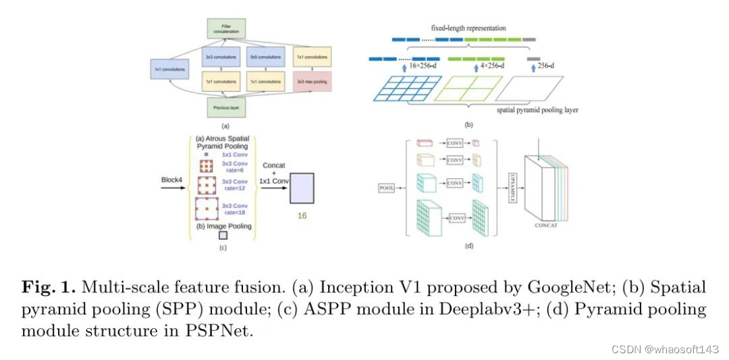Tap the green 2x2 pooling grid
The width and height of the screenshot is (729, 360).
[x=473, y=89]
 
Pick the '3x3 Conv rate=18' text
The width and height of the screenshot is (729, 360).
[x=236, y=209]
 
